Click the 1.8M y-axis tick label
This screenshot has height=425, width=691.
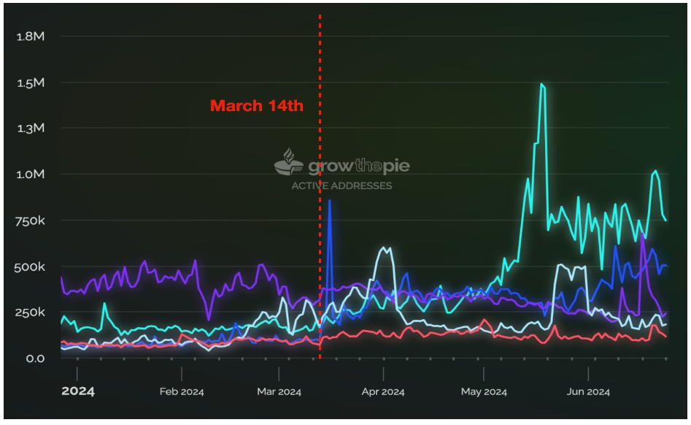click(x=30, y=36)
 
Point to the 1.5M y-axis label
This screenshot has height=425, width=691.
click(x=30, y=83)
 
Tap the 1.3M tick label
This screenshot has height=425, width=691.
click(x=30, y=129)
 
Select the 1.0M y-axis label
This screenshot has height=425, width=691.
click(x=30, y=175)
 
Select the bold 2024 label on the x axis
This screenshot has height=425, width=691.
click(x=78, y=391)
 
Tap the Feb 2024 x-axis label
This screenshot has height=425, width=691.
click(x=182, y=392)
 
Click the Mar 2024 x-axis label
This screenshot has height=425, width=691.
click(x=279, y=392)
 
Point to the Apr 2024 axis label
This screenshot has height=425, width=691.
click(x=383, y=392)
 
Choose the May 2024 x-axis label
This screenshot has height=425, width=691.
click(x=484, y=392)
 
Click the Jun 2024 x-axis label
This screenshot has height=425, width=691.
click(x=588, y=392)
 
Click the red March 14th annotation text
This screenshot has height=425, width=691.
click(x=256, y=106)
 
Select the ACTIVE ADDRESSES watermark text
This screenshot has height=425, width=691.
click(x=341, y=185)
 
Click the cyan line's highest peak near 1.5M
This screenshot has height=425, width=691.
click(x=541, y=85)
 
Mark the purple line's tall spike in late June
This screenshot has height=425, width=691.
click(x=642, y=237)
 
